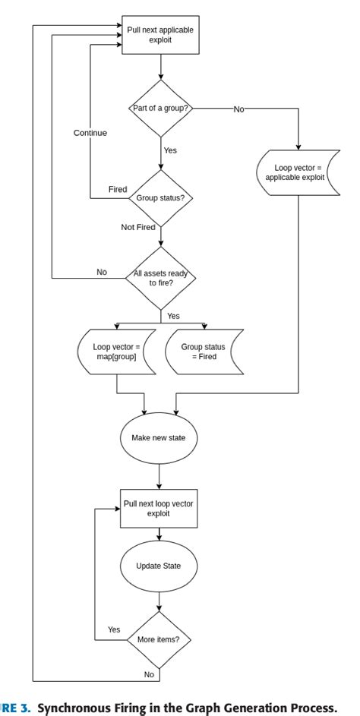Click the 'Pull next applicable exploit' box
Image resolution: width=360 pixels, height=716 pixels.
[x=159, y=35]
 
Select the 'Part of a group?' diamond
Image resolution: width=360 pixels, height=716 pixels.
[x=160, y=109]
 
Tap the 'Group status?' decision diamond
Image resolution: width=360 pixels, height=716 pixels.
[x=160, y=198]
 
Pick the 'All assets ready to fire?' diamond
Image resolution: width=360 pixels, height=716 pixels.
[x=160, y=277]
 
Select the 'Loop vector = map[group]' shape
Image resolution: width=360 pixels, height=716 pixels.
[x=116, y=352]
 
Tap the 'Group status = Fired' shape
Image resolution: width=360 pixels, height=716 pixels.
[x=204, y=352]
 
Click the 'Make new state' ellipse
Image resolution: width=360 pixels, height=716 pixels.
[x=159, y=438]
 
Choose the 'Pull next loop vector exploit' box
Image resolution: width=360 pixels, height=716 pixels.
[x=159, y=508]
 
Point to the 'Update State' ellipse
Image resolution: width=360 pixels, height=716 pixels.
[x=158, y=566]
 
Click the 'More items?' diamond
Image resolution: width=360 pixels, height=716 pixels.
[x=159, y=639]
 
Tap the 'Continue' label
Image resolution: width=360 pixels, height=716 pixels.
[x=90, y=133]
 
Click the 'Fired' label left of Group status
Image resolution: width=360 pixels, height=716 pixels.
[x=118, y=189]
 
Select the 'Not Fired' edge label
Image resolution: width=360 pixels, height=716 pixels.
[x=138, y=227]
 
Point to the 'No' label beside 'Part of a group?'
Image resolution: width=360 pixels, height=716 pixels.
[x=238, y=109]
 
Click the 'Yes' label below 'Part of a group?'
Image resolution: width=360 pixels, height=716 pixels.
[x=170, y=150]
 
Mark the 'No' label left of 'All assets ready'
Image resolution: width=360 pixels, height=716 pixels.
[x=102, y=272]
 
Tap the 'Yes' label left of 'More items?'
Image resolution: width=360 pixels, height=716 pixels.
[x=114, y=629]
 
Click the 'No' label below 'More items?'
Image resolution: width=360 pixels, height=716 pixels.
[x=148, y=674]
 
